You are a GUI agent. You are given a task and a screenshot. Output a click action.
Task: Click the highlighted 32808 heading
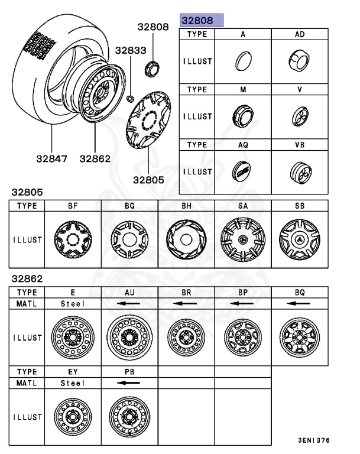[202, 21]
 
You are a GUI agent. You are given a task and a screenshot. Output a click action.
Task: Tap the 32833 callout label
[130, 51]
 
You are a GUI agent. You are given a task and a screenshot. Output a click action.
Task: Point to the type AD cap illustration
[299, 60]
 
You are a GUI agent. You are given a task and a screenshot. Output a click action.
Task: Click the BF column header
[73, 206]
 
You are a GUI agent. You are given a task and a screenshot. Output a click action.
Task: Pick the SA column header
[242, 206]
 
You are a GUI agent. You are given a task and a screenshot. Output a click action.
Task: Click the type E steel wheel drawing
[73, 338]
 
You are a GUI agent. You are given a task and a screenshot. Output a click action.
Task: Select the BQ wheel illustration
[299, 338]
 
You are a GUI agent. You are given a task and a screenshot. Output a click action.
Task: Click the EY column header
[73, 371]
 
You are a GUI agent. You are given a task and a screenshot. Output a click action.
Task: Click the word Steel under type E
[73, 303]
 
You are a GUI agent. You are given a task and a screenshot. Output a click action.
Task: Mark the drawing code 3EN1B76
[314, 440]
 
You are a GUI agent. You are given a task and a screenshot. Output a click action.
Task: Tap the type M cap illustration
[242, 116]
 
